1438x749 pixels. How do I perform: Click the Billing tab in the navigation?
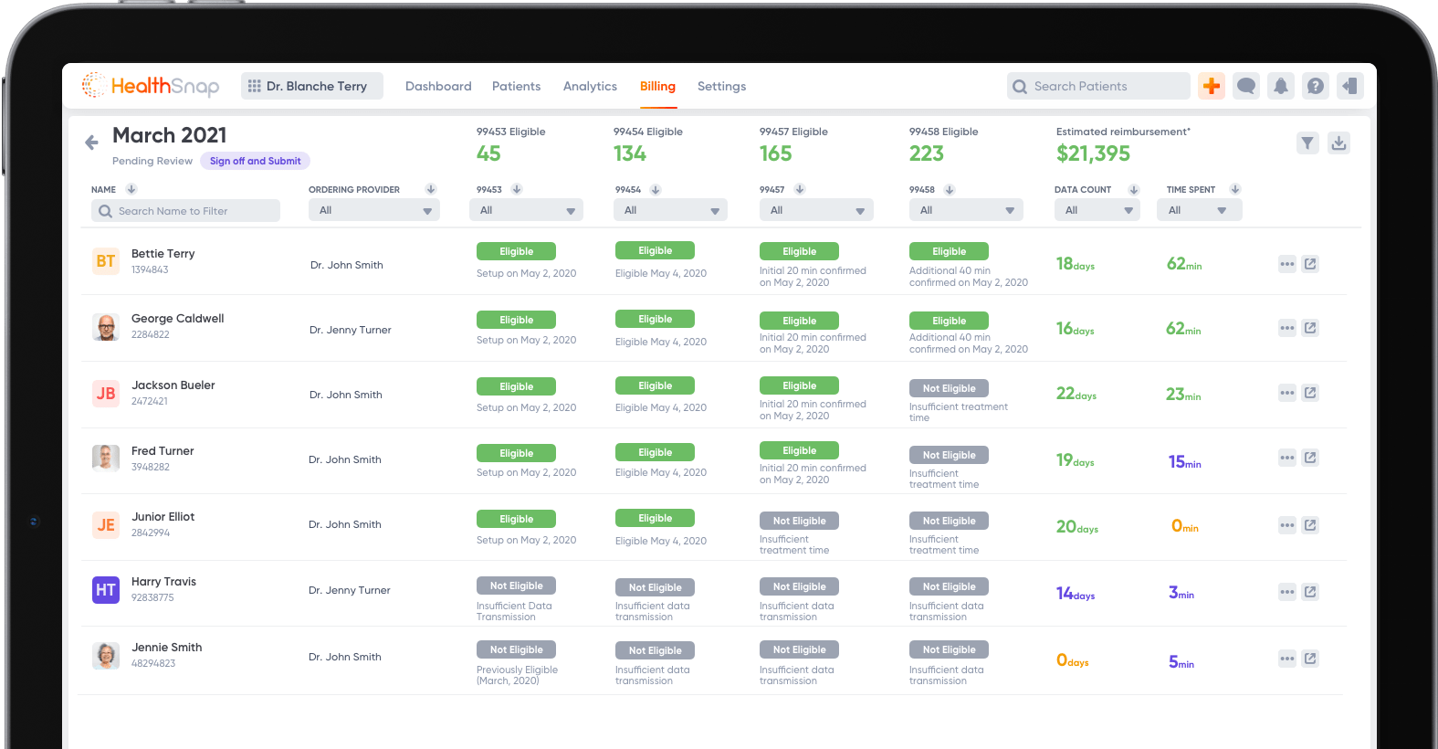[657, 87]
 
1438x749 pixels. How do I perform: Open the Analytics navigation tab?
[590, 87]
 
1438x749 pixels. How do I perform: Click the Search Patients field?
[1099, 87]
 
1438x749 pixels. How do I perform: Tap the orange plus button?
[1212, 86]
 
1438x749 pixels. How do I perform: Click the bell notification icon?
[1281, 86]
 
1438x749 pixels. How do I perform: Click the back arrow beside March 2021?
[91, 142]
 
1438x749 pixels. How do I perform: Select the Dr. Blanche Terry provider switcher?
[312, 86]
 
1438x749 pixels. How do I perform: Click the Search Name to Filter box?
[186, 211]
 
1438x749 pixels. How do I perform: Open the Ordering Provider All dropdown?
[374, 211]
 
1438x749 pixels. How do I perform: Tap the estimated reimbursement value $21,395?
[1093, 154]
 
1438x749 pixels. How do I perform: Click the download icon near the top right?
[1338, 143]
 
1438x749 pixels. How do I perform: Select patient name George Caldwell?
[177, 319]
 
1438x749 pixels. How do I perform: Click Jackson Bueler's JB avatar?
[106, 394]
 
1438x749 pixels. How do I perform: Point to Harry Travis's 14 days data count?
[1076, 594]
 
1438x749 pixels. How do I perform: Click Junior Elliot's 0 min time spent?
[1184, 526]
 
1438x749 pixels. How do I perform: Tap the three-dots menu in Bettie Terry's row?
[1287, 264]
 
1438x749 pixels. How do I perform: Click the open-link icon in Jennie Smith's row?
[1310, 659]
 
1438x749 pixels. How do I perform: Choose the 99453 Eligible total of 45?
[488, 154]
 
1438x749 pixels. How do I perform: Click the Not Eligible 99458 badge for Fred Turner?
[949, 455]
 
